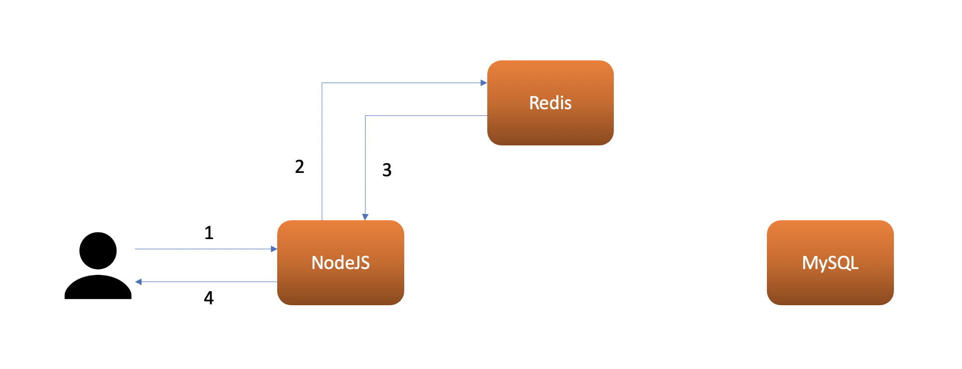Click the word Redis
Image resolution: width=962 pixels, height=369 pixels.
(550, 103)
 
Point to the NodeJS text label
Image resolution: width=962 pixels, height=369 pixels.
(340, 263)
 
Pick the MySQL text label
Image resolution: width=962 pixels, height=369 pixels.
(830, 263)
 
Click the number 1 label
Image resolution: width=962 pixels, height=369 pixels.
(209, 233)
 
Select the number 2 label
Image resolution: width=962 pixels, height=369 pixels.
(299, 167)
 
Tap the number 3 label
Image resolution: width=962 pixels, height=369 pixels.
(387, 170)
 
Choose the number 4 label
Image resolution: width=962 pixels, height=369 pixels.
(209, 298)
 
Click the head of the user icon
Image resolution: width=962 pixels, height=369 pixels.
(98, 251)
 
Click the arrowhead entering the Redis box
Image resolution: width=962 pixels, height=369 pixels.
(483, 83)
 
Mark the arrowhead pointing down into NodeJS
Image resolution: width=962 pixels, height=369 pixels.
(366, 217)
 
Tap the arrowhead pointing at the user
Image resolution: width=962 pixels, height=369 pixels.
(139, 282)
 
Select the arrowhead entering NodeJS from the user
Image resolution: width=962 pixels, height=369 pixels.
(274, 249)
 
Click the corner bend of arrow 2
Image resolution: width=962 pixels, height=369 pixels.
(322, 83)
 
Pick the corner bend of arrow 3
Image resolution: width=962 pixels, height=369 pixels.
(366, 116)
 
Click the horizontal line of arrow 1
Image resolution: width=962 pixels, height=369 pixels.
(203, 249)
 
